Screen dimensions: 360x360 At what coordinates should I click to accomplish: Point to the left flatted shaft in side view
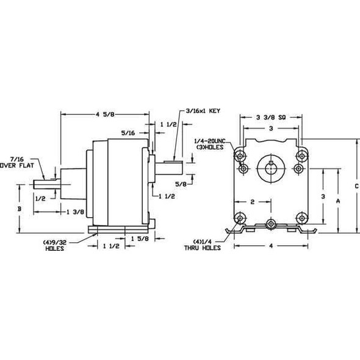click(x=46, y=182)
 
